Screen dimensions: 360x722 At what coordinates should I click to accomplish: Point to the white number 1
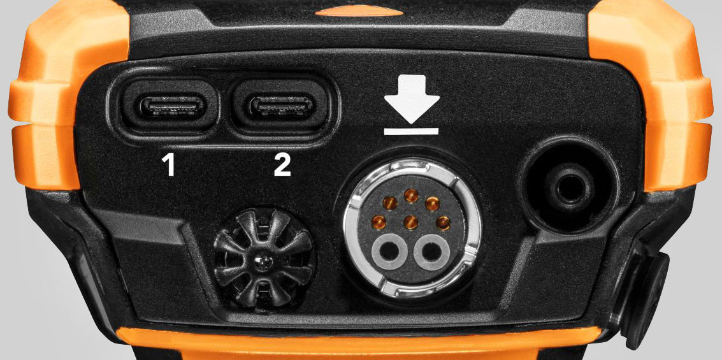tap(168, 166)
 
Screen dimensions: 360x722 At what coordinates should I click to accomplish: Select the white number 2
tap(282, 166)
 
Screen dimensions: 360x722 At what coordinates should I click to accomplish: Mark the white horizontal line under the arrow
tap(411, 131)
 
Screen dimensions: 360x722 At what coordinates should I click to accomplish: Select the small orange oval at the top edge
tap(359, 11)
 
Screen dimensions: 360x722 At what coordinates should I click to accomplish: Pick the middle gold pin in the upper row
tap(411, 195)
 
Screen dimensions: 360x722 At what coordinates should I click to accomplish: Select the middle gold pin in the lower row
tap(411, 223)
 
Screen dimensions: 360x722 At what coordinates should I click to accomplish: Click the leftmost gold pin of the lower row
tap(379, 222)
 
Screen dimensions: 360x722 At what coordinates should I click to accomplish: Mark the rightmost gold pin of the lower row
tap(444, 222)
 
